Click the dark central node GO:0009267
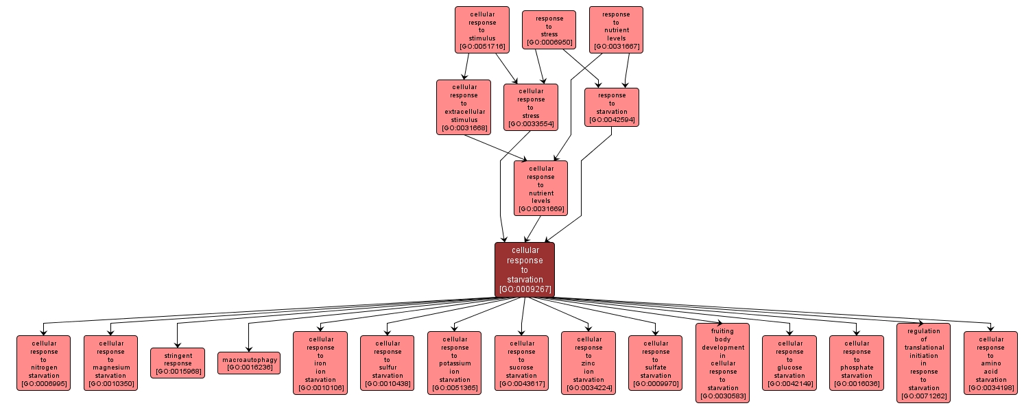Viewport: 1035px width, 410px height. [x=525, y=269]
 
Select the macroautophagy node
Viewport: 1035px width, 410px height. [x=249, y=362]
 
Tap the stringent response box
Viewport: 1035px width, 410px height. [x=178, y=363]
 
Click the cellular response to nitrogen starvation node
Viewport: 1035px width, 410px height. [x=43, y=363]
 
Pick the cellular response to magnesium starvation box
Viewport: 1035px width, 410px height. [x=110, y=363]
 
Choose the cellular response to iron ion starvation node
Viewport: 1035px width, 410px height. [x=320, y=363]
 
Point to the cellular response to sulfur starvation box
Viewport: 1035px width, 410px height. [x=388, y=363]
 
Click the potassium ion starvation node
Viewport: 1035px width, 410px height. [x=454, y=363]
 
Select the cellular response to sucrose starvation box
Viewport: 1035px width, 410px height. [x=521, y=363]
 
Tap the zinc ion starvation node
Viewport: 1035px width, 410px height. [x=588, y=363]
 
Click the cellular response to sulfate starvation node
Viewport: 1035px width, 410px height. [x=655, y=363]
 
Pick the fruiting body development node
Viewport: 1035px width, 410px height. [x=722, y=363]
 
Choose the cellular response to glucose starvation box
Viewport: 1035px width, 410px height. [x=789, y=363]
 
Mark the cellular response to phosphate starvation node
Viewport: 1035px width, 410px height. [x=857, y=363]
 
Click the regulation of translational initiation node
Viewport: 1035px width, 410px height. [x=923, y=363]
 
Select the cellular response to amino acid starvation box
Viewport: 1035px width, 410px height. [x=990, y=363]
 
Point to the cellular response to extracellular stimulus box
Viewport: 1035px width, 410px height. [x=464, y=107]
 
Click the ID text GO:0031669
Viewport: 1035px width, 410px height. [x=540, y=209]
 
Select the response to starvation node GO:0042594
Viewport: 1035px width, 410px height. [x=612, y=107]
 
